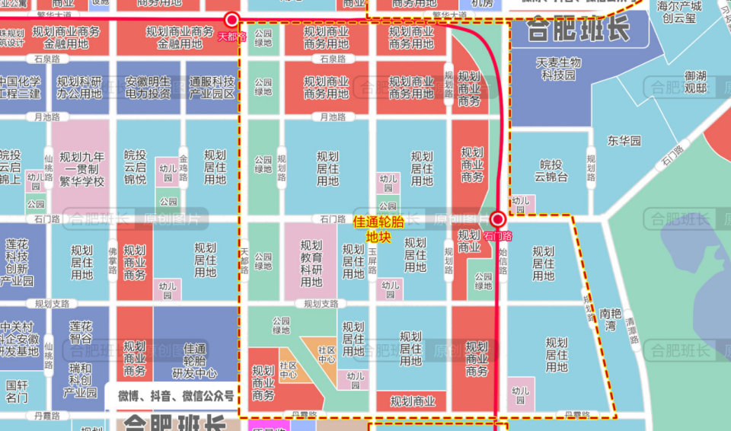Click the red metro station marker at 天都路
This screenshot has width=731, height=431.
tap(232, 20)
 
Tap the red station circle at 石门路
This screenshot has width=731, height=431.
tap(498, 219)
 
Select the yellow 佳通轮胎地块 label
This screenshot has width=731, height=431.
tap(378, 229)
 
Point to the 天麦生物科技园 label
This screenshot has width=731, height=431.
tap(558, 69)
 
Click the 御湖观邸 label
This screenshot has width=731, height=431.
tap(695, 81)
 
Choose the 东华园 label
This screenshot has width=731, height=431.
tap(624, 141)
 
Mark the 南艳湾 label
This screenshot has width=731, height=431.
tap(612, 320)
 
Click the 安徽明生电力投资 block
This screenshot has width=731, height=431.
tap(148, 88)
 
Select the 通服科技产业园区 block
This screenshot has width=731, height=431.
tap(212, 88)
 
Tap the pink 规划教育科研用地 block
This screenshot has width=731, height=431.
tap(311, 263)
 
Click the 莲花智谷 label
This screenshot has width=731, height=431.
tap(80, 332)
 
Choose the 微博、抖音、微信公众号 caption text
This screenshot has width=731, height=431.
tap(175, 397)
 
